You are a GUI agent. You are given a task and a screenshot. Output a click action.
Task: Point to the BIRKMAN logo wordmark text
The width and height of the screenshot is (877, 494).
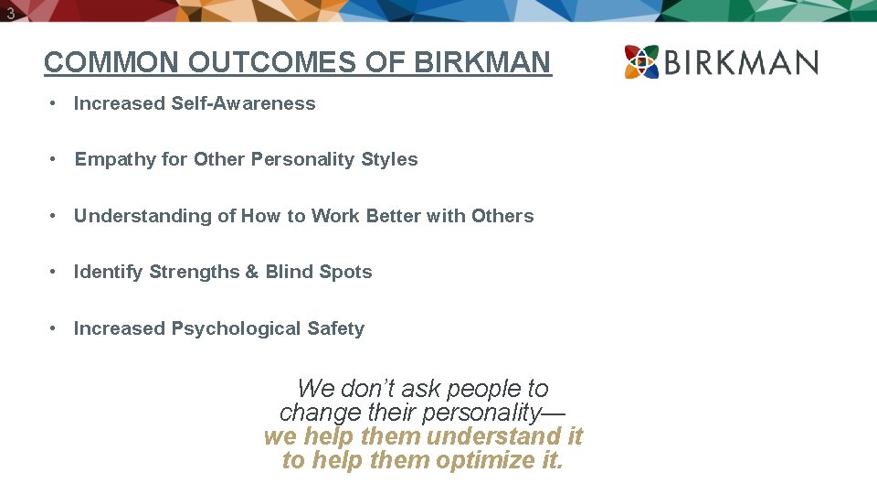pos(742,63)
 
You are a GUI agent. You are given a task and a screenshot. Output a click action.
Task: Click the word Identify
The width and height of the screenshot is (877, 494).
pos(108,272)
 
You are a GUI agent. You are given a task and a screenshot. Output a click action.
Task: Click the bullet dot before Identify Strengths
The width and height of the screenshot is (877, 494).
pos(56,272)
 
